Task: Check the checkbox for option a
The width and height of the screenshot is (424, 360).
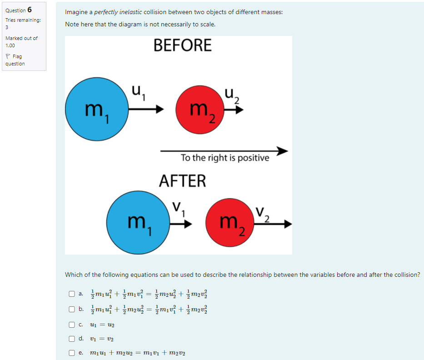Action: [x=72, y=294]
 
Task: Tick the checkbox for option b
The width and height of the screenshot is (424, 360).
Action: [x=72, y=309]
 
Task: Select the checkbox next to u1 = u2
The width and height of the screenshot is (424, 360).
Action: [x=72, y=325]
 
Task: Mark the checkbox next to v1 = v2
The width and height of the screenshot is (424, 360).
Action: [x=72, y=338]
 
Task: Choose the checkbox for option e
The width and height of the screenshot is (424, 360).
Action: [x=72, y=352]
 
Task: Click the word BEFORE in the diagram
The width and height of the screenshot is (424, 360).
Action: [x=183, y=45]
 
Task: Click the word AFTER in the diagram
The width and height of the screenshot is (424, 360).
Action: [x=183, y=181]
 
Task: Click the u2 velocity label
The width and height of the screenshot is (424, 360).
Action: [x=232, y=96]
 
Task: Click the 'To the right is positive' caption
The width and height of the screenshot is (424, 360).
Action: [x=224, y=158]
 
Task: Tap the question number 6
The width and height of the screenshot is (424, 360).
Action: [x=30, y=10]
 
